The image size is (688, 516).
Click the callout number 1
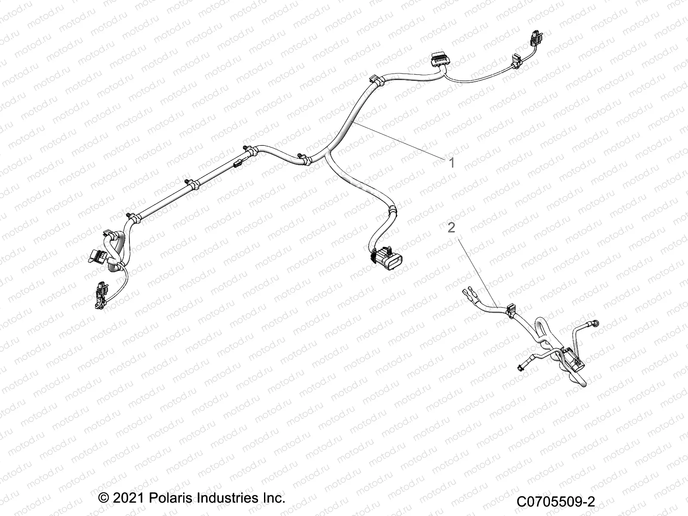451,163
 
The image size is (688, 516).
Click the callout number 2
451,227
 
